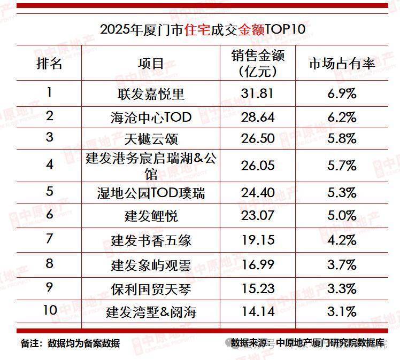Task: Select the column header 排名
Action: pos(49,63)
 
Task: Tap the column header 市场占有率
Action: pos(342,63)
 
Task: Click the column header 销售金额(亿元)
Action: pos(258,63)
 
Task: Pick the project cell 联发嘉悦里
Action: pos(151,93)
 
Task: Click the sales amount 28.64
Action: pos(258,116)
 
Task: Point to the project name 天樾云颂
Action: pos(151,138)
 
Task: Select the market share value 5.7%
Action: pos(342,165)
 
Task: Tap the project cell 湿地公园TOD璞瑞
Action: pos(151,192)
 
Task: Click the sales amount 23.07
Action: pos(258,216)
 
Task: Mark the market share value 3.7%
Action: pos(342,264)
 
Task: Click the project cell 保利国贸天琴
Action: pos(151,288)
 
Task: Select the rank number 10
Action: pos(49,311)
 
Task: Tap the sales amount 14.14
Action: pos(258,311)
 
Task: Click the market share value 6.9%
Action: pos(342,93)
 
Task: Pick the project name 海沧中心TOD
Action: pos(151,116)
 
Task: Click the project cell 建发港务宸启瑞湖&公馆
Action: pos(151,165)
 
